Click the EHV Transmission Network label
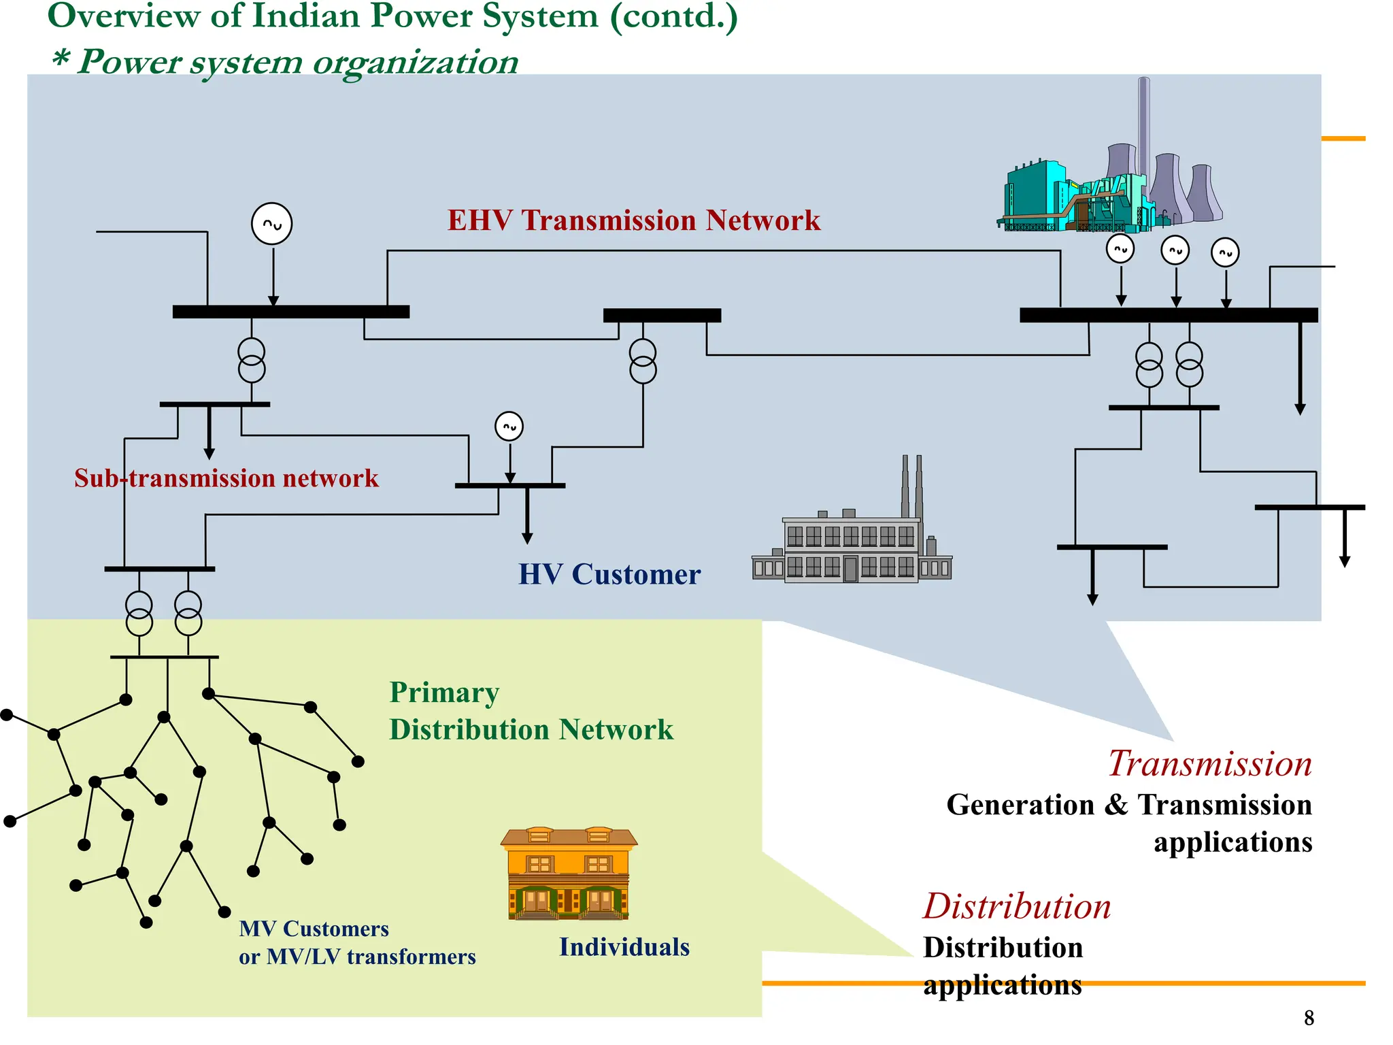[633, 220]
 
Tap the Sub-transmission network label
[226, 478]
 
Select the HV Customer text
[609, 574]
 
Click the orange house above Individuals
[569, 874]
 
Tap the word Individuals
[624, 947]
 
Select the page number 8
[1309, 1018]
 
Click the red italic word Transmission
[1209, 763]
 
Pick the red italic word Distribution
[1017, 906]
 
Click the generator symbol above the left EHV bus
[272, 224]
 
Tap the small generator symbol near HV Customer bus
[509, 427]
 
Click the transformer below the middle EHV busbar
[643, 362]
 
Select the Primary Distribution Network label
[531, 711]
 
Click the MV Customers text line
[314, 929]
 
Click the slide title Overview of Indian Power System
[392, 16]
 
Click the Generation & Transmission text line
[1128, 805]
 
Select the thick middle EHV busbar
[662, 316]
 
